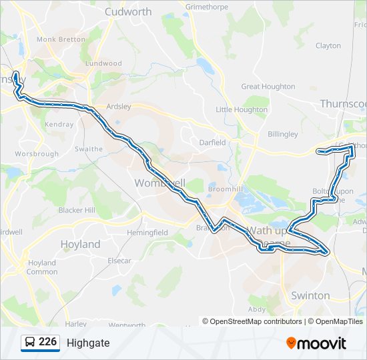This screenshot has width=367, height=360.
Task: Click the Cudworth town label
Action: point(128,11)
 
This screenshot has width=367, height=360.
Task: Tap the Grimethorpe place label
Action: point(207,7)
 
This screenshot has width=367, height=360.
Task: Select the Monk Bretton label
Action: point(61,39)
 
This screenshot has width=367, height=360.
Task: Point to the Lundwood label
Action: point(103,63)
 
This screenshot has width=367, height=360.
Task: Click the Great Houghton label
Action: point(268,86)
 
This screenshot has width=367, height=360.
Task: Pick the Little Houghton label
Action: point(242,109)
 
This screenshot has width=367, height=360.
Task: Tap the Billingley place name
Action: point(282,134)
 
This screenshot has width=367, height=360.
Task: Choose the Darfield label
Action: point(213,142)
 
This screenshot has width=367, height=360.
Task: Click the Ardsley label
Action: point(119,106)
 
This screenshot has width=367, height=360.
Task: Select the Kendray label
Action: point(59,125)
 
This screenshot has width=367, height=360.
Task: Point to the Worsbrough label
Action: point(37,153)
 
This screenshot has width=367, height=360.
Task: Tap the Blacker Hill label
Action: point(77,210)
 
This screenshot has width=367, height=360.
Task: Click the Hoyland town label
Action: point(80,244)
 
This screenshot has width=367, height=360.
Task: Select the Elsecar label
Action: point(119,261)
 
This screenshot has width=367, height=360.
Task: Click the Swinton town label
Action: point(310,295)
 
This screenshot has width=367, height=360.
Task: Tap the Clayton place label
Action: point(328,46)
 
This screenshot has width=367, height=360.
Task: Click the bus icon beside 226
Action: point(30,343)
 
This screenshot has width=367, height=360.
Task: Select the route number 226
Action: point(47,342)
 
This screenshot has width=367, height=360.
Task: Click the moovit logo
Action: point(316,343)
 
